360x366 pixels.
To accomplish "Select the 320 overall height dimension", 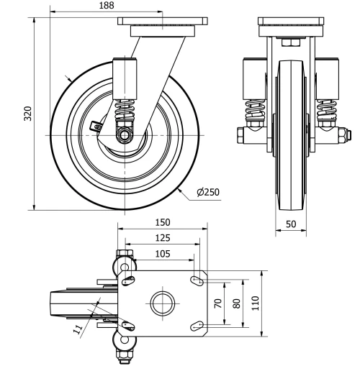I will pyautogui.click(x=27, y=114).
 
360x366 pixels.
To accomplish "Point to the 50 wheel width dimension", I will pyautogui.click(x=291, y=224).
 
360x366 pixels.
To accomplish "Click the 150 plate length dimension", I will pyautogui.click(x=163, y=224).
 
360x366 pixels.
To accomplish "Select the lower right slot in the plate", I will pyautogui.click(x=197, y=327).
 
